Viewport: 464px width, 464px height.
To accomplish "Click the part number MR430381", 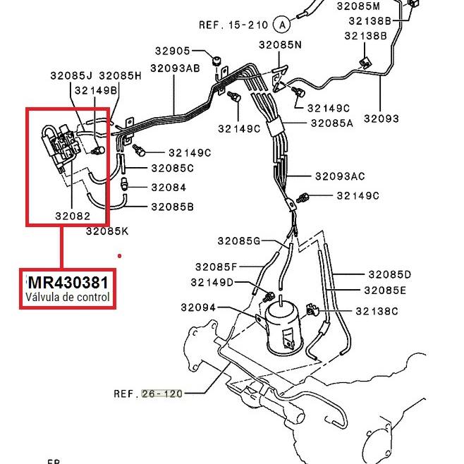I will pyautogui.click(x=68, y=283).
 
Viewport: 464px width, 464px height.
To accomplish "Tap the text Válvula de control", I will pyautogui.click(x=68, y=297).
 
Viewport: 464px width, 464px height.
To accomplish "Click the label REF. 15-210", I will pyautogui.click(x=233, y=25).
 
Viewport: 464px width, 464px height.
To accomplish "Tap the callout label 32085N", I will pyautogui.click(x=279, y=44).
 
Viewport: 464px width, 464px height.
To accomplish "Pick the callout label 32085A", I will pyautogui.click(x=331, y=122).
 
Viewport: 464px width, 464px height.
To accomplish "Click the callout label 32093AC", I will pyautogui.click(x=340, y=176).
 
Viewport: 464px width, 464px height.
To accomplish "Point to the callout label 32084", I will pyautogui.click(x=169, y=188).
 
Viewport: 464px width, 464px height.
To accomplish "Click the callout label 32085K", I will pyautogui.click(x=107, y=231).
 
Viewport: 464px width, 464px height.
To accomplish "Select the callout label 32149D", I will pyautogui.click(x=212, y=282).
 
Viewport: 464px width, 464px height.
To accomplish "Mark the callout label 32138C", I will pyautogui.click(x=377, y=311).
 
